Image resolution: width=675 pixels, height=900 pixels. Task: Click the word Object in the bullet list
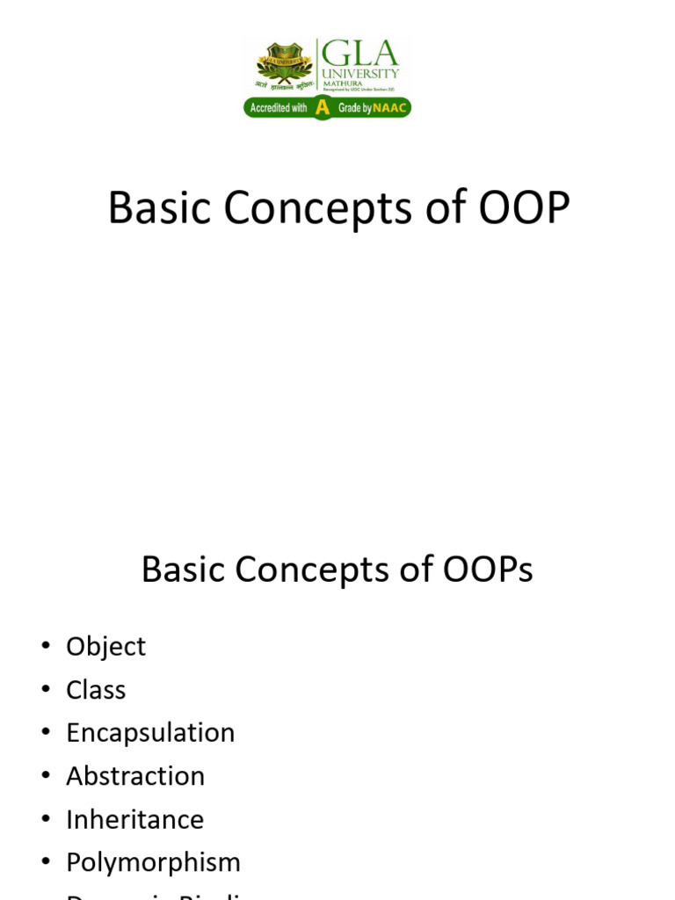point(105,647)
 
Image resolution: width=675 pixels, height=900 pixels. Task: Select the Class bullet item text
point(96,690)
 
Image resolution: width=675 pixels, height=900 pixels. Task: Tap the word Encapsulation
point(150,733)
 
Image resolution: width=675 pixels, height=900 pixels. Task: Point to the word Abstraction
point(135,776)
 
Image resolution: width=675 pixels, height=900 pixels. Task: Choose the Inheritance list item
point(134,819)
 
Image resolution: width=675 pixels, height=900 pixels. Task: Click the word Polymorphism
point(153,862)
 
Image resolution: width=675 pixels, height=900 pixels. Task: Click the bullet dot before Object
point(46,648)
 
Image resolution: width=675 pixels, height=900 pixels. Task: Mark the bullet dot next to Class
point(46,691)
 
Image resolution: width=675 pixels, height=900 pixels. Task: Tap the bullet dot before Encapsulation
point(46,734)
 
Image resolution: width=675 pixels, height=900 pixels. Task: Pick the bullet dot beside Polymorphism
point(46,863)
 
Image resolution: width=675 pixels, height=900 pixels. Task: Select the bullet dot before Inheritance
point(46,820)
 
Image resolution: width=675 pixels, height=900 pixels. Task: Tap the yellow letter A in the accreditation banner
point(323,107)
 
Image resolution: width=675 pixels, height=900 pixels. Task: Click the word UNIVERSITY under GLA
point(360,73)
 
